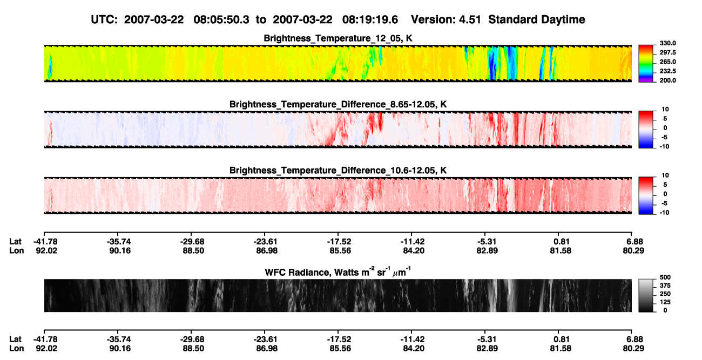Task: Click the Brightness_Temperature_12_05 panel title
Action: (x=338, y=38)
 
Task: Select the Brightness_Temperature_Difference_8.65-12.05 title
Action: (x=338, y=104)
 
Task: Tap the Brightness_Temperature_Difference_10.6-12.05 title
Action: (x=338, y=171)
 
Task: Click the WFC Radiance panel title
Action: (x=338, y=272)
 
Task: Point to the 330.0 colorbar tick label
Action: (x=667, y=43)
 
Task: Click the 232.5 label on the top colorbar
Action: (x=667, y=71)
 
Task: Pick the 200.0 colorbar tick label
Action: (x=667, y=80)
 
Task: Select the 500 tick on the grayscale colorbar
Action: (x=665, y=277)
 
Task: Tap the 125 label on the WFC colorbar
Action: (x=665, y=302)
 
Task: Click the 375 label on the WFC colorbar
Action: (x=665, y=286)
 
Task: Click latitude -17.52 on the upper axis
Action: (x=339, y=242)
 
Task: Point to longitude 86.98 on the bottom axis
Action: (x=267, y=349)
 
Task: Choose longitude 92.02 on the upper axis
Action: (x=46, y=250)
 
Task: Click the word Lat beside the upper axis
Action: (x=15, y=242)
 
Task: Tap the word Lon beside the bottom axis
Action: (x=17, y=349)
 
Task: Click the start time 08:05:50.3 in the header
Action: (x=221, y=20)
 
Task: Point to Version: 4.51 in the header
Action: (x=446, y=20)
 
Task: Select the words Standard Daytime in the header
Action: (x=537, y=20)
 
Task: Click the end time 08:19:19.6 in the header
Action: (x=370, y=20)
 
